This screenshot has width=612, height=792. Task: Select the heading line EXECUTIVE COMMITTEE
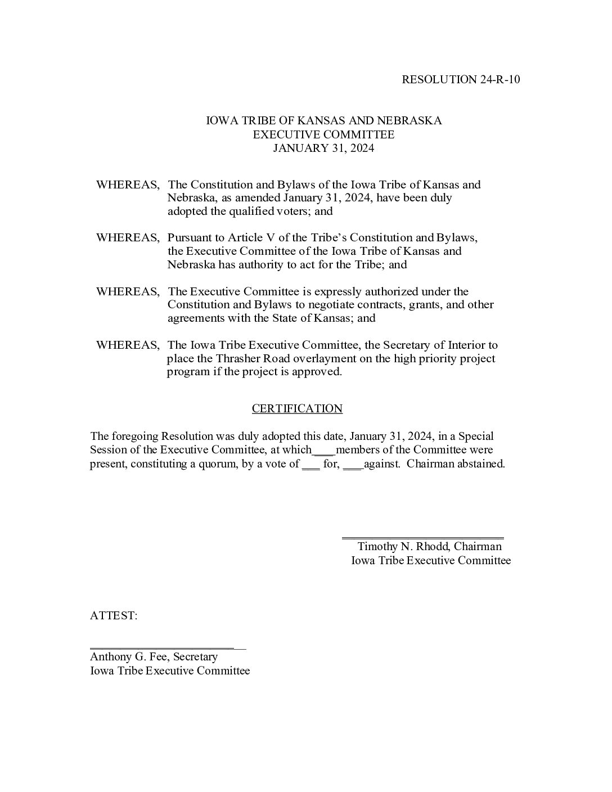323,134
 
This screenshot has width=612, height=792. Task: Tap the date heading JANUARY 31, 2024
323,148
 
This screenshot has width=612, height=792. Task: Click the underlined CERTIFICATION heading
297,409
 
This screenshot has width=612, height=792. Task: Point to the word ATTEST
113,616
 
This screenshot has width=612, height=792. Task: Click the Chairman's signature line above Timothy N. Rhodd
423,538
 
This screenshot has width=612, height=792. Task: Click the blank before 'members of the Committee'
324,451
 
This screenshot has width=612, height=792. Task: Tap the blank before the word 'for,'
310,466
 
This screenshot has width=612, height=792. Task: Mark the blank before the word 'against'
353,466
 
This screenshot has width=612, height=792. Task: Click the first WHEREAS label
128,185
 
